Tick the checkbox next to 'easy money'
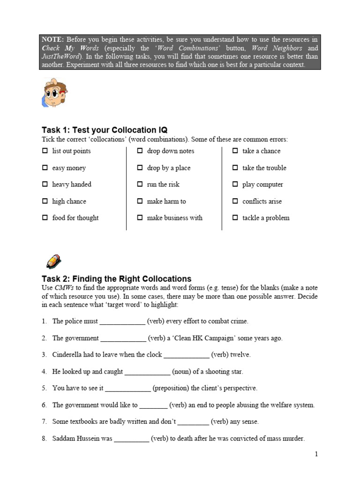click(45, 168)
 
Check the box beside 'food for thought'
click(45, 218)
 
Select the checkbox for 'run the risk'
click(140, 185)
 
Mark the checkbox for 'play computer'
click(235, 185)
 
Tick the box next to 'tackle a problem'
click(235, 218)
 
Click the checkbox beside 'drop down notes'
click(140, 151)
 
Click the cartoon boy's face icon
click(54, 92)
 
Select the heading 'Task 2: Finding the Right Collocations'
click(116, 278)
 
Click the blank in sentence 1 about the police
click(122, 322)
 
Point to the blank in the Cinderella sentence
click(186, 355)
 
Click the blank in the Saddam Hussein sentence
click(132, 439)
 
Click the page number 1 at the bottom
click(316, 454)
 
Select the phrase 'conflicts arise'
click(262, 202)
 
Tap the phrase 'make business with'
click(174, 218)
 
